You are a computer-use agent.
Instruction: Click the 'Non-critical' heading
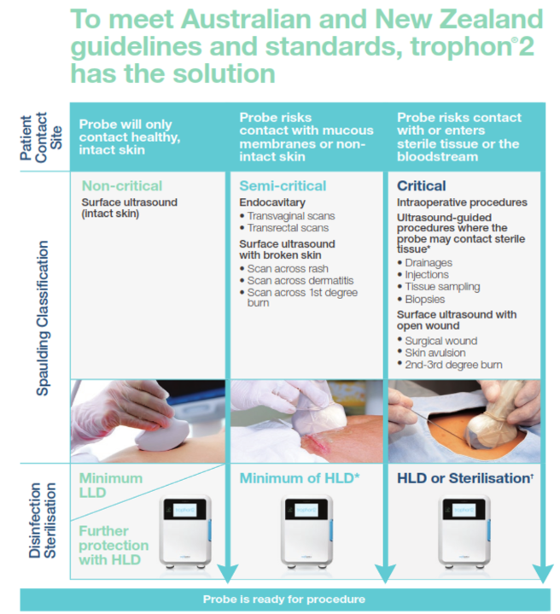pos(121,186)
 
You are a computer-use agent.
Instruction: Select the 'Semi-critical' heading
pos(282,186)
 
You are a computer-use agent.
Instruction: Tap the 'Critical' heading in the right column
pos(421,186)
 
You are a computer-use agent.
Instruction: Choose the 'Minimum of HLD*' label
pos(296,479)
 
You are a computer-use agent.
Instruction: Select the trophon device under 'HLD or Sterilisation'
pos(464,531)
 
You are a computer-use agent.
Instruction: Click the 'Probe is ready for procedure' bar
pos(284,599)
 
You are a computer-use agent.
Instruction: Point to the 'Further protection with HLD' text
pos(113,545)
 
